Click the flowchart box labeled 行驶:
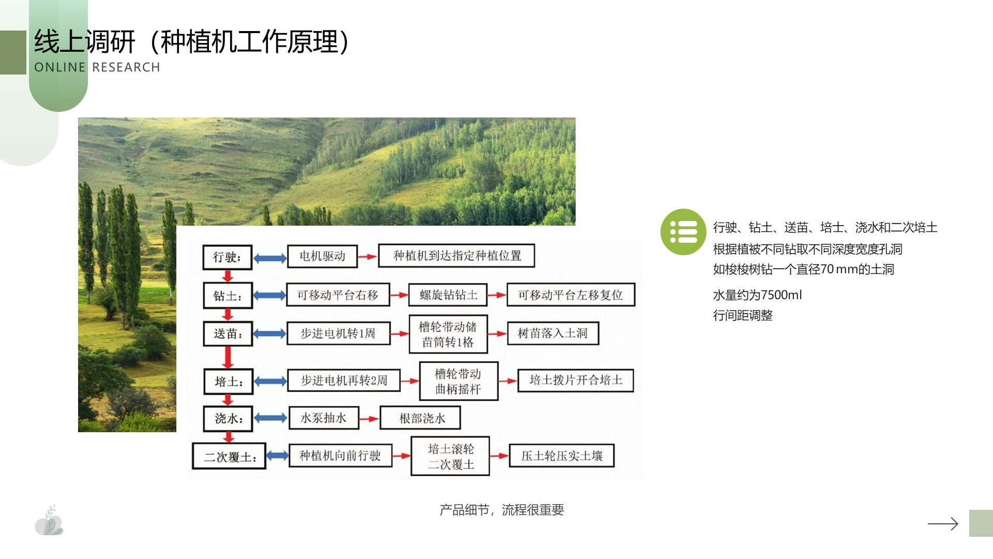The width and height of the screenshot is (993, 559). [228, 257]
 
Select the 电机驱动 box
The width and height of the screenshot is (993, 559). [322, 256]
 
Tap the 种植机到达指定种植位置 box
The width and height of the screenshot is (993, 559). [457, 256]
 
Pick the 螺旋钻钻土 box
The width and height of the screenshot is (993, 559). [448, 295]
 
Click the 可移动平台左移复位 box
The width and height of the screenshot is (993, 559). [570, 295]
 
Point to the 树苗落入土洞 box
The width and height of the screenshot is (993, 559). [553, 333]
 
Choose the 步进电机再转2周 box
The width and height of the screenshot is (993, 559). [344, 380]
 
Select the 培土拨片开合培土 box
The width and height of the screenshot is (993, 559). [576, 380]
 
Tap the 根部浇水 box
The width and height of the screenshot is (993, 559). [420, 418]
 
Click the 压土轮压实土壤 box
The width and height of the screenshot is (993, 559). [562, 456]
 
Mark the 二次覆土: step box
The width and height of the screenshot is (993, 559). [229, 457]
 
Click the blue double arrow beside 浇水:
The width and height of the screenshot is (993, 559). [270, 418]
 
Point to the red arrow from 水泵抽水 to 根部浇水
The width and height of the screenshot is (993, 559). [369, 418]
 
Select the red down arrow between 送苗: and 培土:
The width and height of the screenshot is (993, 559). [228, 357]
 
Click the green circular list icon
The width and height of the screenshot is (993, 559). [683, 232]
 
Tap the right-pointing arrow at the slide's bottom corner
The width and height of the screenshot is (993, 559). [943, 524]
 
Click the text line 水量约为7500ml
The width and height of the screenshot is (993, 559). [757, 295]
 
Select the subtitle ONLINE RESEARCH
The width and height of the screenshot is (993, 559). [97, 67]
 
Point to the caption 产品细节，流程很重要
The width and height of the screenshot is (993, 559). [502, 510]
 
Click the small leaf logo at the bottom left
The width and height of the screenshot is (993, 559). [49, 521]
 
